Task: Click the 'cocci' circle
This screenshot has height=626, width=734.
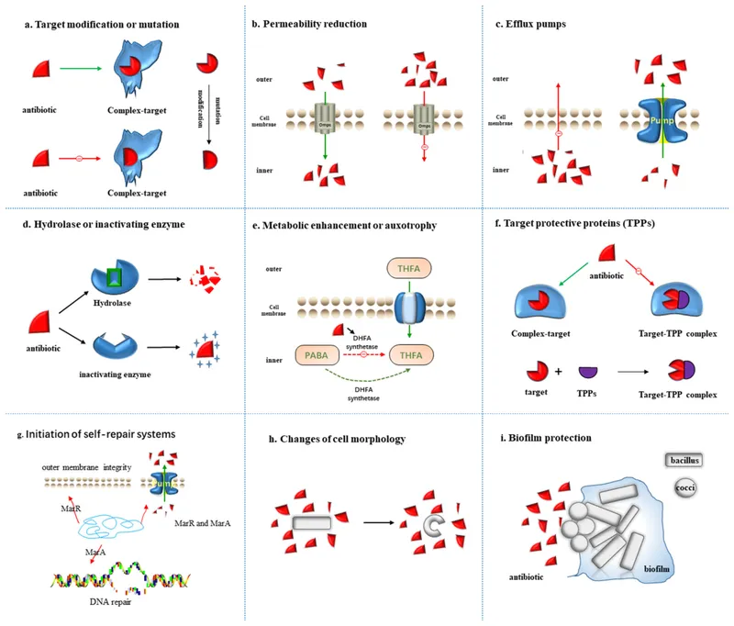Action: click(x=685, y=488)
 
